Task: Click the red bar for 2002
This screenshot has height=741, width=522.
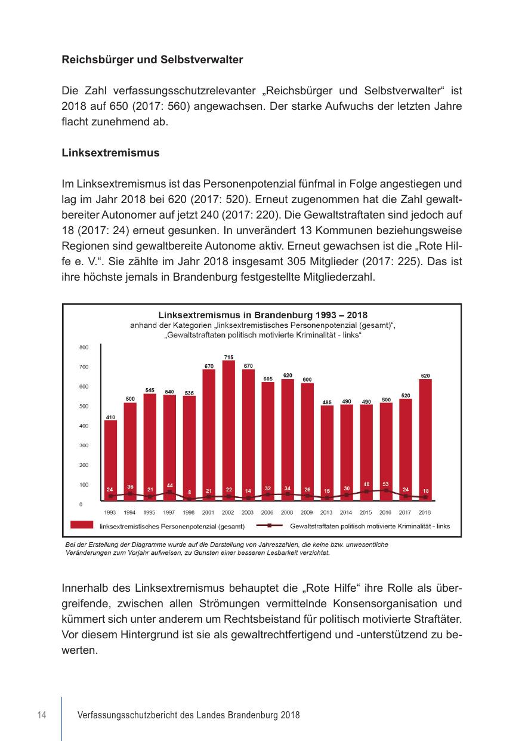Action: coord(228,430)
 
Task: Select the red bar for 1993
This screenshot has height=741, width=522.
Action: coord(110,460)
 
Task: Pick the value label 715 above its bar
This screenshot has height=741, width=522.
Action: coord(228,357)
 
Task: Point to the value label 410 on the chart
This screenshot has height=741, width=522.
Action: coord(110,417)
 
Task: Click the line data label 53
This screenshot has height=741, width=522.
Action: coord(386,484)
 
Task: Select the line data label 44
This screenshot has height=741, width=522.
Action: coord(169,485)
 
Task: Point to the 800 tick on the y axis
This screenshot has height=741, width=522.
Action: coord(84,347)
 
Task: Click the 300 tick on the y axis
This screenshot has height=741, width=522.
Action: coord(84,445)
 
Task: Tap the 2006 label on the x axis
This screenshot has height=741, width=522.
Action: coord(267,512)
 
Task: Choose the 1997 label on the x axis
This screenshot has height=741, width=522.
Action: coord(169,512)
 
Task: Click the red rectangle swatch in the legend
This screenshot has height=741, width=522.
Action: coord(82,525)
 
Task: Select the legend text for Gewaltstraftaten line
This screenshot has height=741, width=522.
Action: coord(370,526)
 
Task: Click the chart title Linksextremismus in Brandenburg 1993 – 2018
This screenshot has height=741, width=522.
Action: coord(262,315)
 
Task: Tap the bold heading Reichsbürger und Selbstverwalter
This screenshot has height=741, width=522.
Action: coord(152,60)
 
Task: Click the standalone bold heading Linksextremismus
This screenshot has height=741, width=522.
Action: coord(110,153)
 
